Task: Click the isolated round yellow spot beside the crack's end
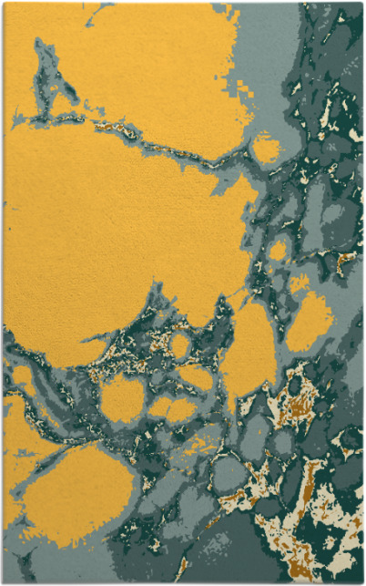[x=265, y=148]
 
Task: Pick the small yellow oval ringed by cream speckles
[x=181, y=345]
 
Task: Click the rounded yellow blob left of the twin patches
[x=122, y=397]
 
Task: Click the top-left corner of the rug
[x=4, y=3]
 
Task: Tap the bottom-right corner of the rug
[x=362, y=581]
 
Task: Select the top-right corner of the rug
[x=362, y=3]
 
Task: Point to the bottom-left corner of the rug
[x=4, y=581]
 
